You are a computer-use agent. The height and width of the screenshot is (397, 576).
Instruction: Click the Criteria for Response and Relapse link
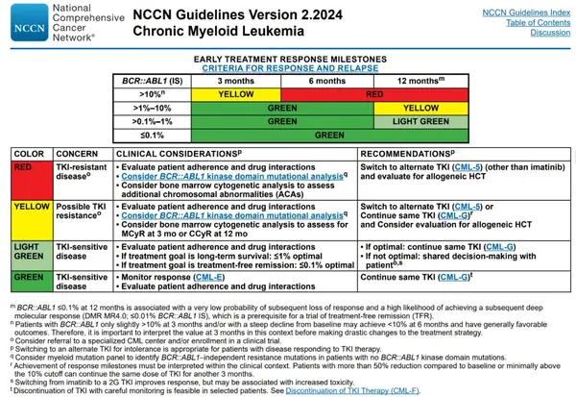[290, 70]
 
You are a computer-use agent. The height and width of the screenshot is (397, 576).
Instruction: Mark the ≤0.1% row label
[151, 136]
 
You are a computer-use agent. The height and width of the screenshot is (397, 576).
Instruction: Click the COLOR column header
[29, 152]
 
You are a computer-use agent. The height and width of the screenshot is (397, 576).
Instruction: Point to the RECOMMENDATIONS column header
[415, 152]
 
